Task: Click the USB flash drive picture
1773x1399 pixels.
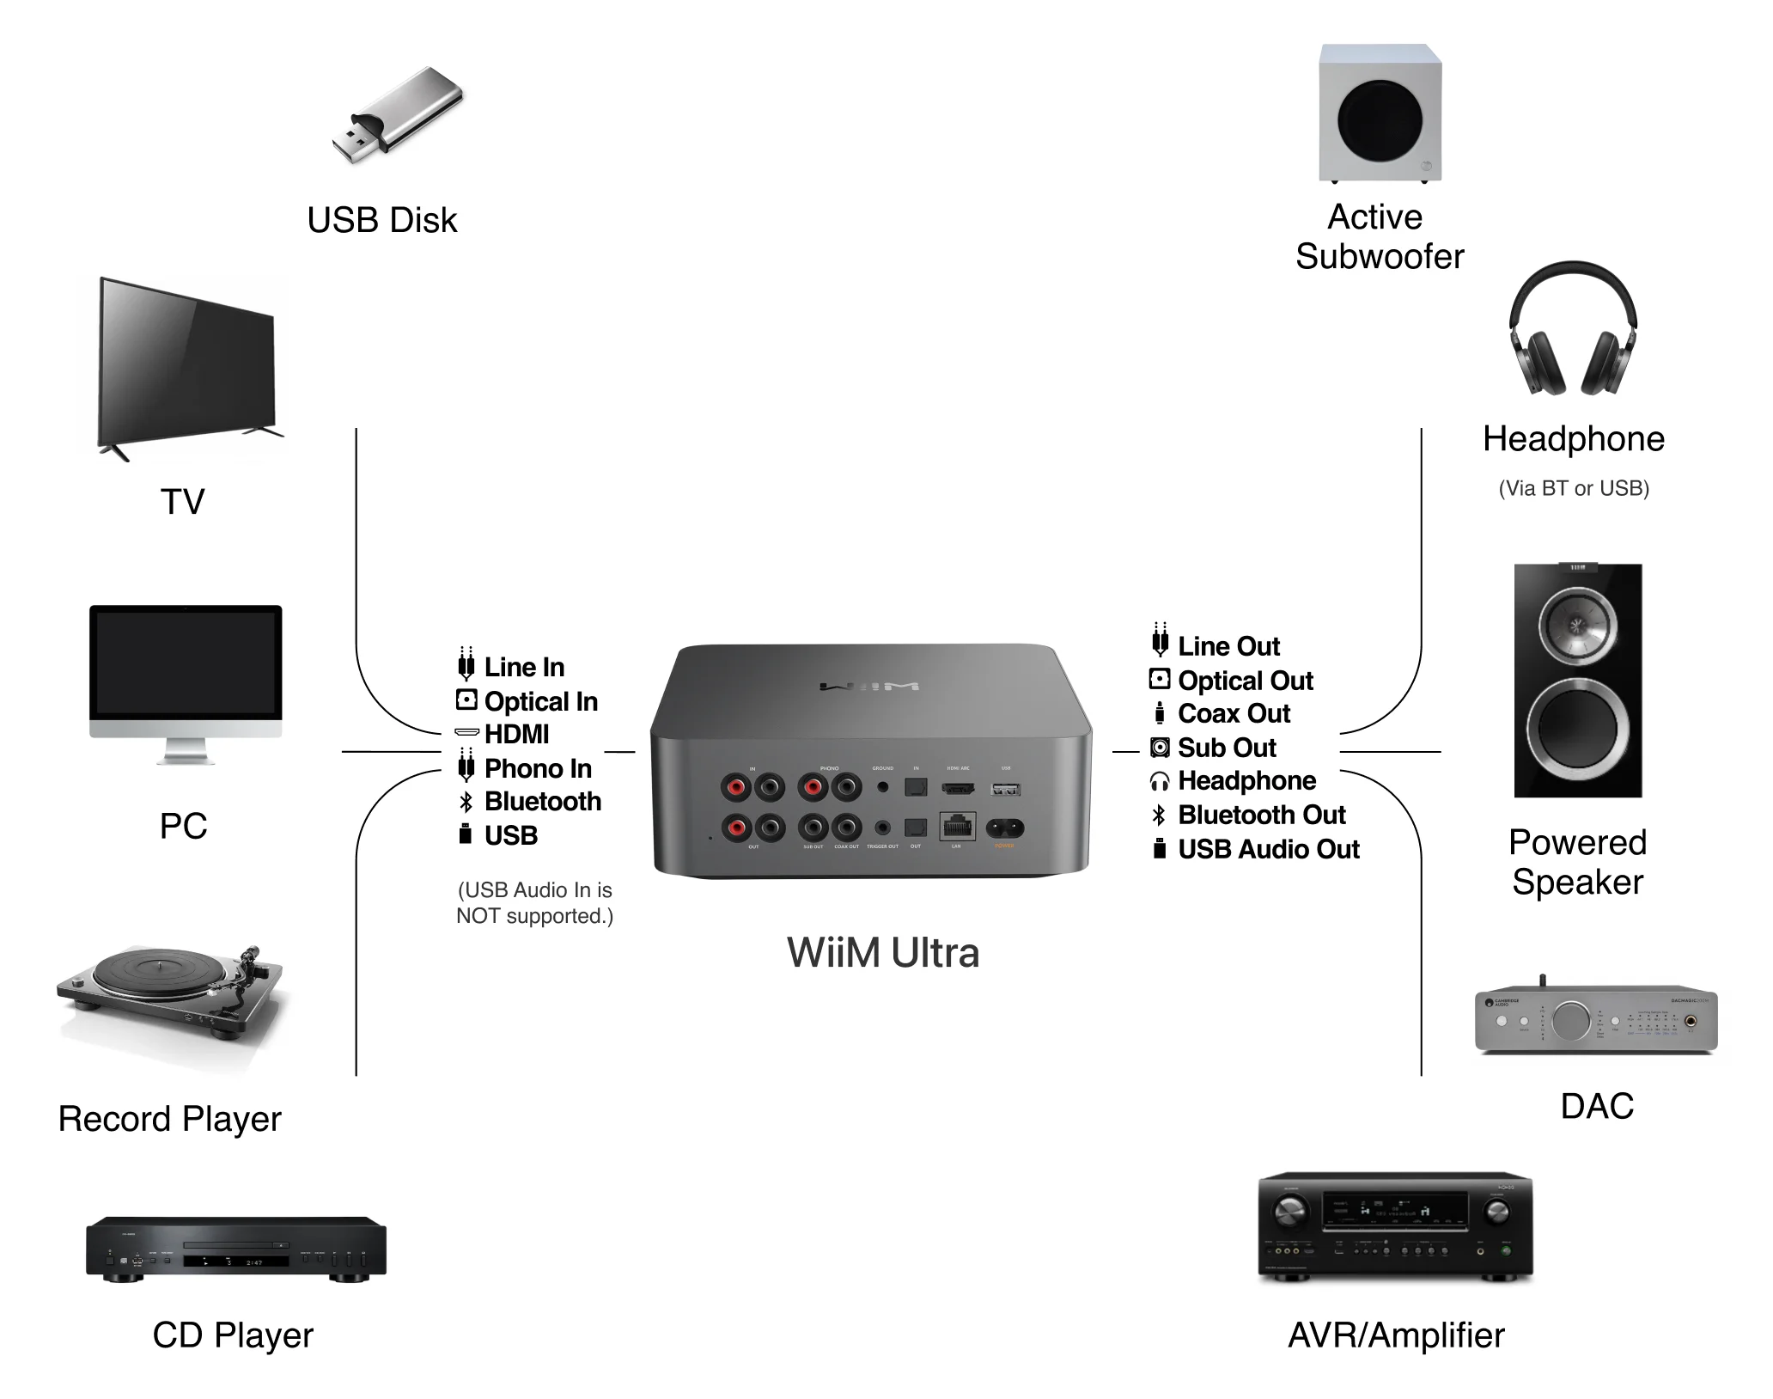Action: [398, 116]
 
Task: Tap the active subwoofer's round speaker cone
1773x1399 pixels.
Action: [1380, 119]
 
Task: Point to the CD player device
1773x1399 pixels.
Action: [235, 1249]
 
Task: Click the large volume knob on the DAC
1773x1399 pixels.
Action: [1570, 1020]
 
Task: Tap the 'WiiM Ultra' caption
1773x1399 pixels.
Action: [882, 953]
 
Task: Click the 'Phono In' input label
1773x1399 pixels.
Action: [538, 768]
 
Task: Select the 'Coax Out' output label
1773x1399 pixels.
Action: [1234, 713]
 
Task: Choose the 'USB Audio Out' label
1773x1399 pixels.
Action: [1268, 849]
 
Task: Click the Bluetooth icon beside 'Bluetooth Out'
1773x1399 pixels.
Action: [1159, 815]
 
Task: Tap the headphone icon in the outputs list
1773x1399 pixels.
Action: [1160, 781]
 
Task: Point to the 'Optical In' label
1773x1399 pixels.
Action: [540, 701]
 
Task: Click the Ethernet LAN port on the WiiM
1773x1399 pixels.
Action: [957, 827]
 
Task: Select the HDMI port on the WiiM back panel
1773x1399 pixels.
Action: [958, 788]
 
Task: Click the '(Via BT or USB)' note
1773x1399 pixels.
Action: [1573, 488]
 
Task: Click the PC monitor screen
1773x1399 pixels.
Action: [186, 663]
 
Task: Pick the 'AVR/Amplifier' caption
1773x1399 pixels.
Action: [1396, 1335]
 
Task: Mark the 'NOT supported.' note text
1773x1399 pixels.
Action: [534, 916]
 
